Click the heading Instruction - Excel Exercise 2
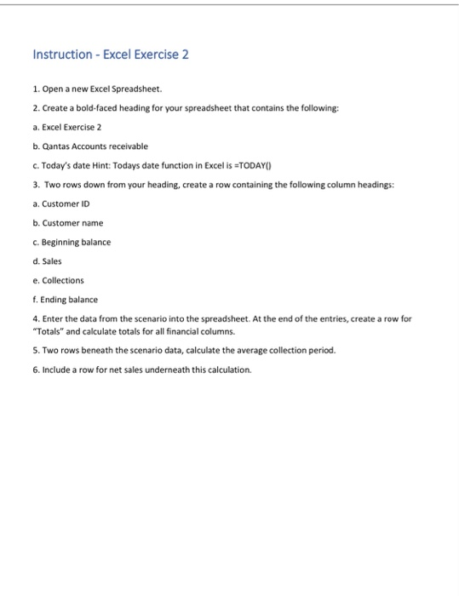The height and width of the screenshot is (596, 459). coord(111,54)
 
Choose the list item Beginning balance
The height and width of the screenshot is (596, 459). coord(76,242)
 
